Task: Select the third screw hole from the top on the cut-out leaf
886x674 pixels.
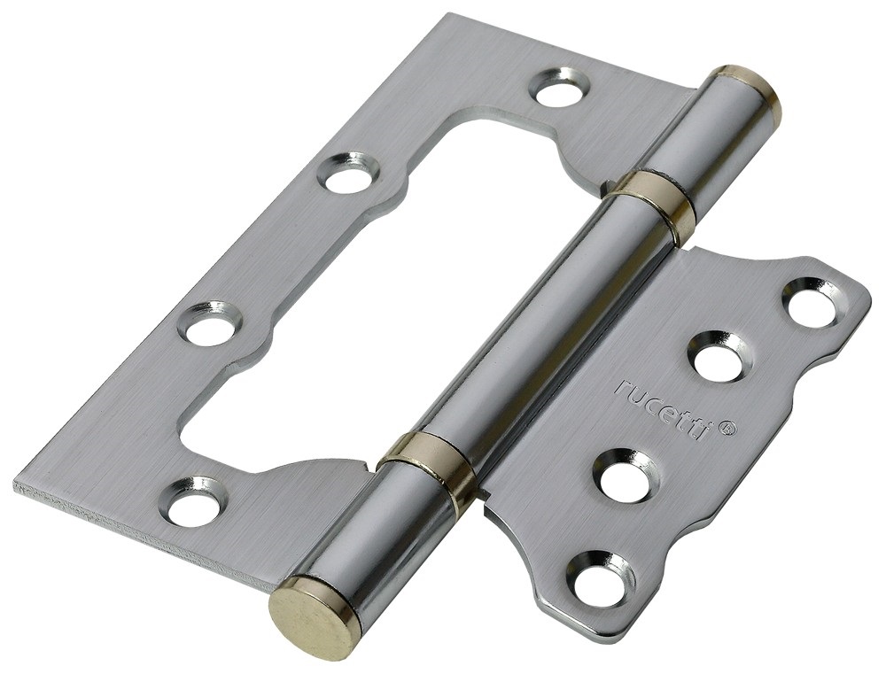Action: [x=211, y=324]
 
